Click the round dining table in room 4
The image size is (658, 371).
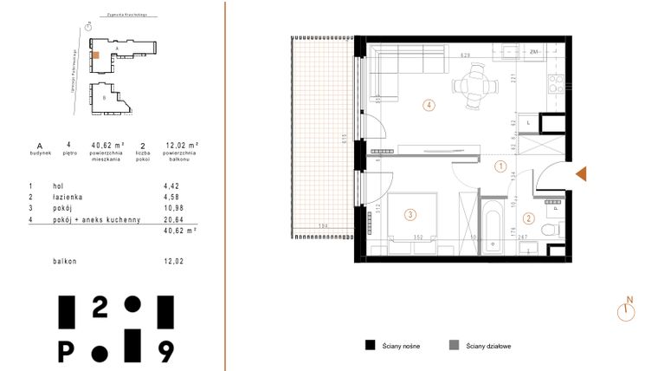coord(479,87)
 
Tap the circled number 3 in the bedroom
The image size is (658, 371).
coord(410,215)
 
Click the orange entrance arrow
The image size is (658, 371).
coord(581,175)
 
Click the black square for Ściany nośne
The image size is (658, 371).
coord(370,345)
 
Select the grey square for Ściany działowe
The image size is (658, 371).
coord(454,345)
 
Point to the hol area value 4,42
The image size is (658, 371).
coord(171,185)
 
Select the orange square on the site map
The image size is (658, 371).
coord(97,55)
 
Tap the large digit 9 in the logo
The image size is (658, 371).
coord(165,350)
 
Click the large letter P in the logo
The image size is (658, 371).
coord(66,350)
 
